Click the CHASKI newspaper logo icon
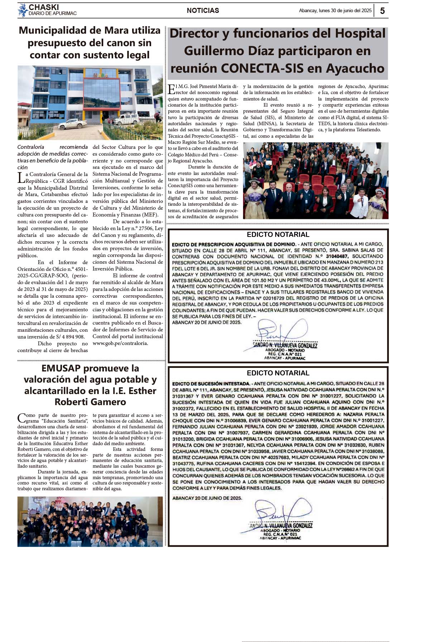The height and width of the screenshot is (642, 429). pyautogui.click(x=23, y=10)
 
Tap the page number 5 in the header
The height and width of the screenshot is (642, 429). pyautogui.click(x=382, y=11)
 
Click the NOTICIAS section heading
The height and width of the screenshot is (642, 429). pyautogui.click(x=203, y=11)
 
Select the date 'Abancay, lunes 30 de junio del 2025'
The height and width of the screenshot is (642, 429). pyautogui.click(x=335, y=11)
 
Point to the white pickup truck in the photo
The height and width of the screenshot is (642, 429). pyautogui.click(x=72, y=123)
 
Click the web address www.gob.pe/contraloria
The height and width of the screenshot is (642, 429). pyautogui.click(x=120, y=343)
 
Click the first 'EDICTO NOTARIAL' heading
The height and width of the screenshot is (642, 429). pyautogui.click(x=278, y=235)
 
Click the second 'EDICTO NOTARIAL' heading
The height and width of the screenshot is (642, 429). pyautogui.click(x=278, y=373)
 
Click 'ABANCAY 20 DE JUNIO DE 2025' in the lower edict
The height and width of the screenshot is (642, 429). pyautogui.click(x=207, y=498)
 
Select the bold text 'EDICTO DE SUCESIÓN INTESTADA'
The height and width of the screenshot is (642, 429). pyautogui.click(x=211, y=384)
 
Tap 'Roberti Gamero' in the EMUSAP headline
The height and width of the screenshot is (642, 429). pyautogui.click(x=90, y=402)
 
